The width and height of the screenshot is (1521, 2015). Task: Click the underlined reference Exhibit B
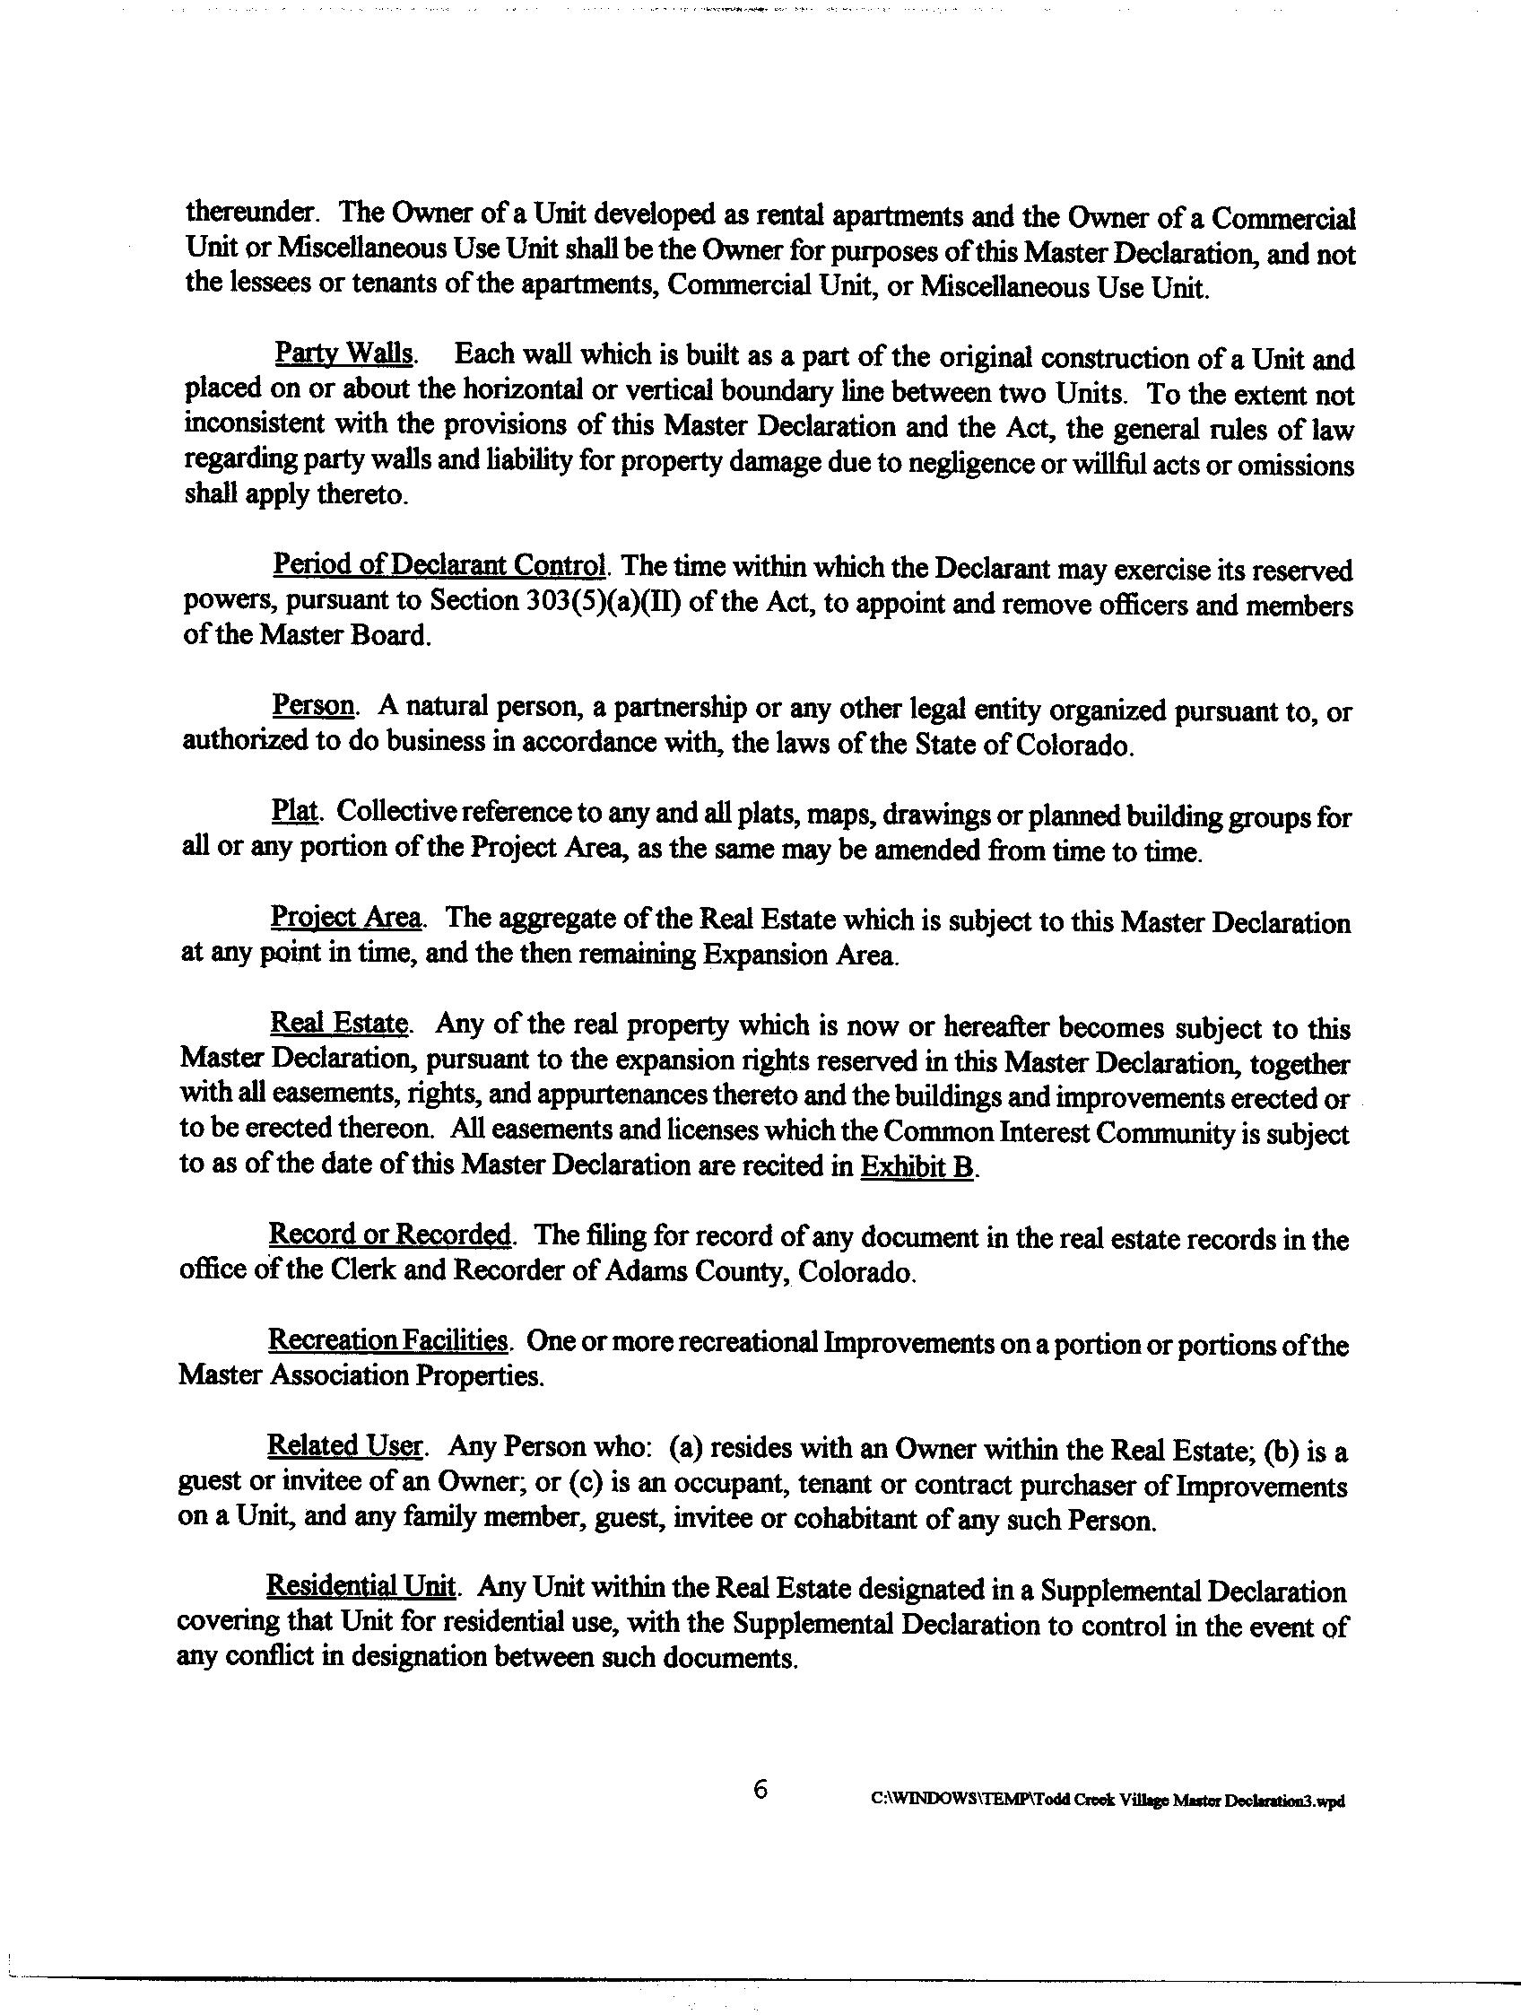click(917, 1167)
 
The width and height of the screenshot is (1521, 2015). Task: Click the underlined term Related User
click(344, 1446)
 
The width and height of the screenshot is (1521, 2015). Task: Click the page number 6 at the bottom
click(760, 1790)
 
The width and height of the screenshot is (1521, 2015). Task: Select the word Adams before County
click(636, 1271)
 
